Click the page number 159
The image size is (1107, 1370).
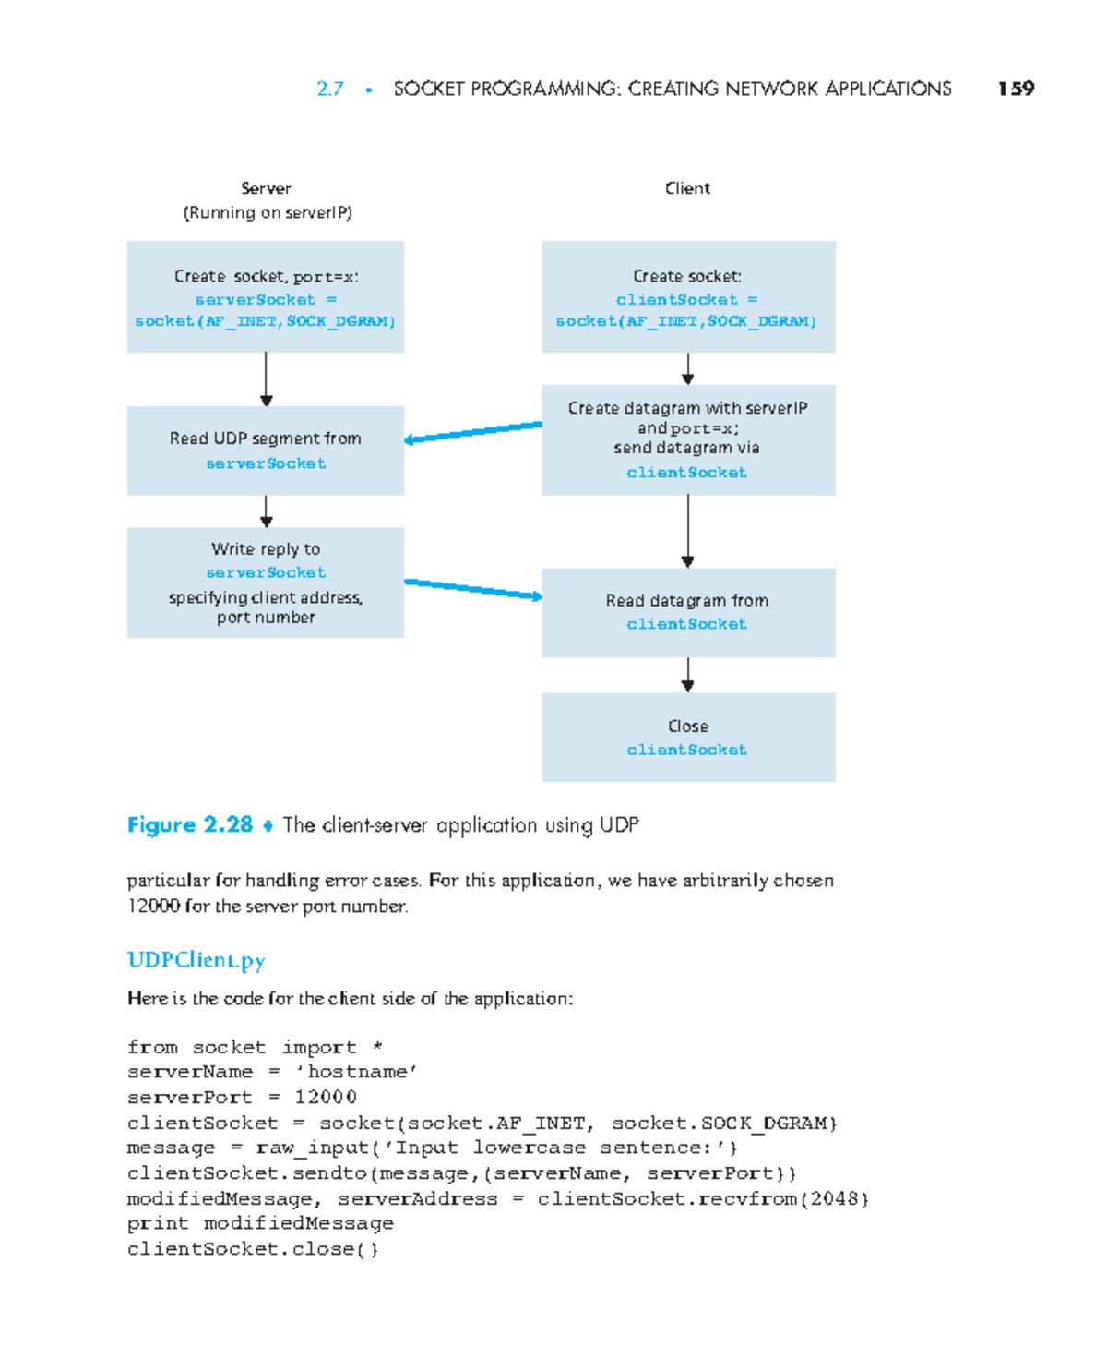click(1016, 89)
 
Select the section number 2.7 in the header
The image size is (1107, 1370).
click(330, 89)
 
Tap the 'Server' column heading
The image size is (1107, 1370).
click(266, 188)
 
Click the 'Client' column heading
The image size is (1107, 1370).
click(687, 188)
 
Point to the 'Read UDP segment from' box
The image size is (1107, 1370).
click(266, 451)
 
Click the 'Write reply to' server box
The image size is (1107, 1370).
click(266, 583)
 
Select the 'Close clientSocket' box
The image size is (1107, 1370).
click(688, 738)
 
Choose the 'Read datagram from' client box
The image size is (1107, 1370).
click(688, 612)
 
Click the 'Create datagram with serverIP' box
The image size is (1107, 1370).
click(688, 440)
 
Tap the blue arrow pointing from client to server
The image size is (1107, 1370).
click(472, 432)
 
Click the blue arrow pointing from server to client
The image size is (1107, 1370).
click(472, 589)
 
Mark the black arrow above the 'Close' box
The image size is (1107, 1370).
click(687, 675)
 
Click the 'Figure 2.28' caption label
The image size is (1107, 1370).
click(190, 824)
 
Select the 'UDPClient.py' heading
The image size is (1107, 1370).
click(196, 960)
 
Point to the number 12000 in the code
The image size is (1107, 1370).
click(326, 1097)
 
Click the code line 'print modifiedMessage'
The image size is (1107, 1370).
click(260, 1223)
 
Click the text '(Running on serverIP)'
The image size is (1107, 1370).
click(268, 212)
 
